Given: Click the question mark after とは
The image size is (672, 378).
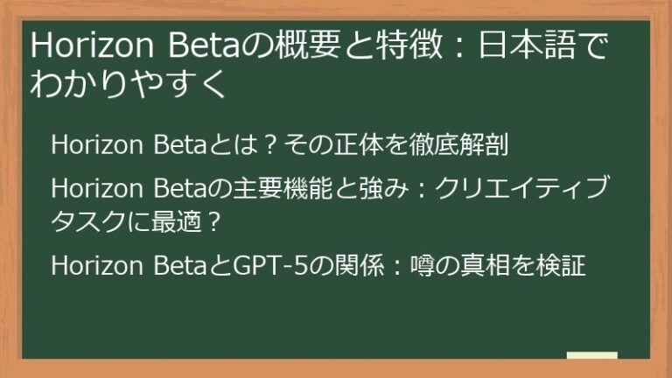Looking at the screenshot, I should pyautogui.click(x=272, y=145).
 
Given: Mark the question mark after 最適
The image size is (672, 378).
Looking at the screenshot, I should pyautogui.click(x=213, y=220).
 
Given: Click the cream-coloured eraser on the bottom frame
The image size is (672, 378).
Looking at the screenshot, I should pyautogui.click(x=591, y=357).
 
